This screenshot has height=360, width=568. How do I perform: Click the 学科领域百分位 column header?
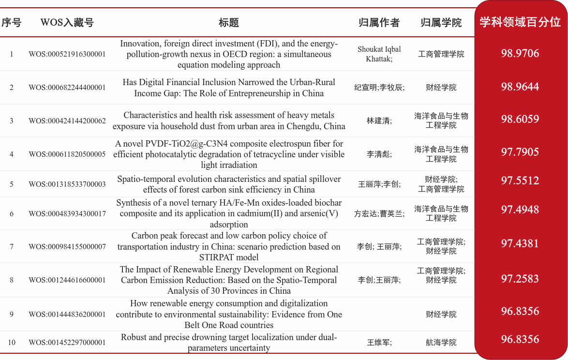(520, 22)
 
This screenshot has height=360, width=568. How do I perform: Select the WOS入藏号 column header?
(67, 23)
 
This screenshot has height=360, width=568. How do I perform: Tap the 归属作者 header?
(379, 23)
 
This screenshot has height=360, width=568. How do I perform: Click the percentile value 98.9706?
(520, 53)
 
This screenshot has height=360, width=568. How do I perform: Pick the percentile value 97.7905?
(520, 152)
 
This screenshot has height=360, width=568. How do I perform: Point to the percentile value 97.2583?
(520, 279)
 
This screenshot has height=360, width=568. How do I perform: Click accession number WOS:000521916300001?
(67, 54)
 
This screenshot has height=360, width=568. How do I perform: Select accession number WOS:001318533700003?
(67, 184)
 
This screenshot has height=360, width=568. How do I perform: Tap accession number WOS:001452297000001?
(67, 343)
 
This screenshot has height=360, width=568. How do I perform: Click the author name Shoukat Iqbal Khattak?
(379, 54)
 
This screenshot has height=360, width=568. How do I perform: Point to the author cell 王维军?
(379, 343)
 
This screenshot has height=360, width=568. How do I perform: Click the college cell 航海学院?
(441, 343)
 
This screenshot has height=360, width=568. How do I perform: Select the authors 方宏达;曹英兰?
(379, 214)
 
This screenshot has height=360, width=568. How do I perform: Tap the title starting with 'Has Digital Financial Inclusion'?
(229, 88)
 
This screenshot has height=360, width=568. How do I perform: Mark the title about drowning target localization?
(229, 343)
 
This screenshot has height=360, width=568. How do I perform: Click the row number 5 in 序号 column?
(12, 184)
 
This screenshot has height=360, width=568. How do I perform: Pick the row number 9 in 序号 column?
(12, 315)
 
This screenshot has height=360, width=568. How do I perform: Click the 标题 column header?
(229, 23)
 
